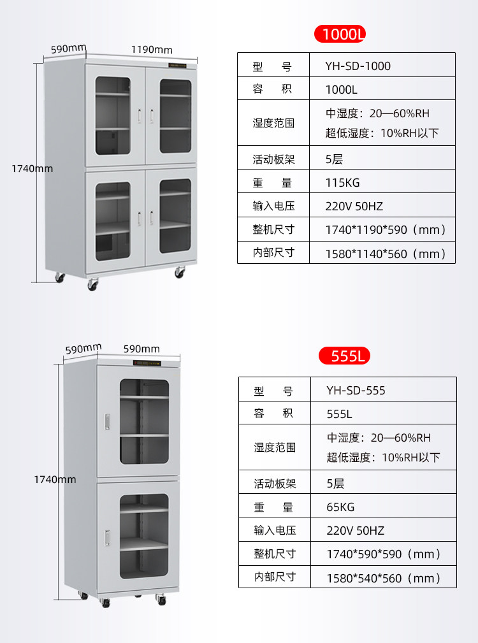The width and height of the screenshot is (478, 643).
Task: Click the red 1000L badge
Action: tap(340, 34)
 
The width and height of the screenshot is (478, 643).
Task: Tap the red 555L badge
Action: tap(344, 356)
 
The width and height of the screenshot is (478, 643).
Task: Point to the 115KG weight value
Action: tap(342, 183)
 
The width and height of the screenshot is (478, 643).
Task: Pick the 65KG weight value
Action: tap(340, 507)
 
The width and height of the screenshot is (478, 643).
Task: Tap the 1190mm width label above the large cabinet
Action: tap(152, 50)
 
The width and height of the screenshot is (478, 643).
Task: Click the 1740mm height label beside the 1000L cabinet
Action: tap(32, 168)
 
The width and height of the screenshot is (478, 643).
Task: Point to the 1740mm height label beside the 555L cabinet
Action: tap(55, 479)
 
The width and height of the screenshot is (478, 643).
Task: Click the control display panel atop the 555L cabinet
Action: tap(147, 363)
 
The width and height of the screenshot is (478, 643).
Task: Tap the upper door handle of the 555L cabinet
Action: tap(108, 422)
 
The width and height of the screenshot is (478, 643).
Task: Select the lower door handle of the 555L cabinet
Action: tap(108, 538)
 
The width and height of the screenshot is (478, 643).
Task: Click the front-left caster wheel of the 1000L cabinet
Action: tap(92, 284)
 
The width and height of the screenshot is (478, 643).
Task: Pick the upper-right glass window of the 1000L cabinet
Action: tap(175, 117)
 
